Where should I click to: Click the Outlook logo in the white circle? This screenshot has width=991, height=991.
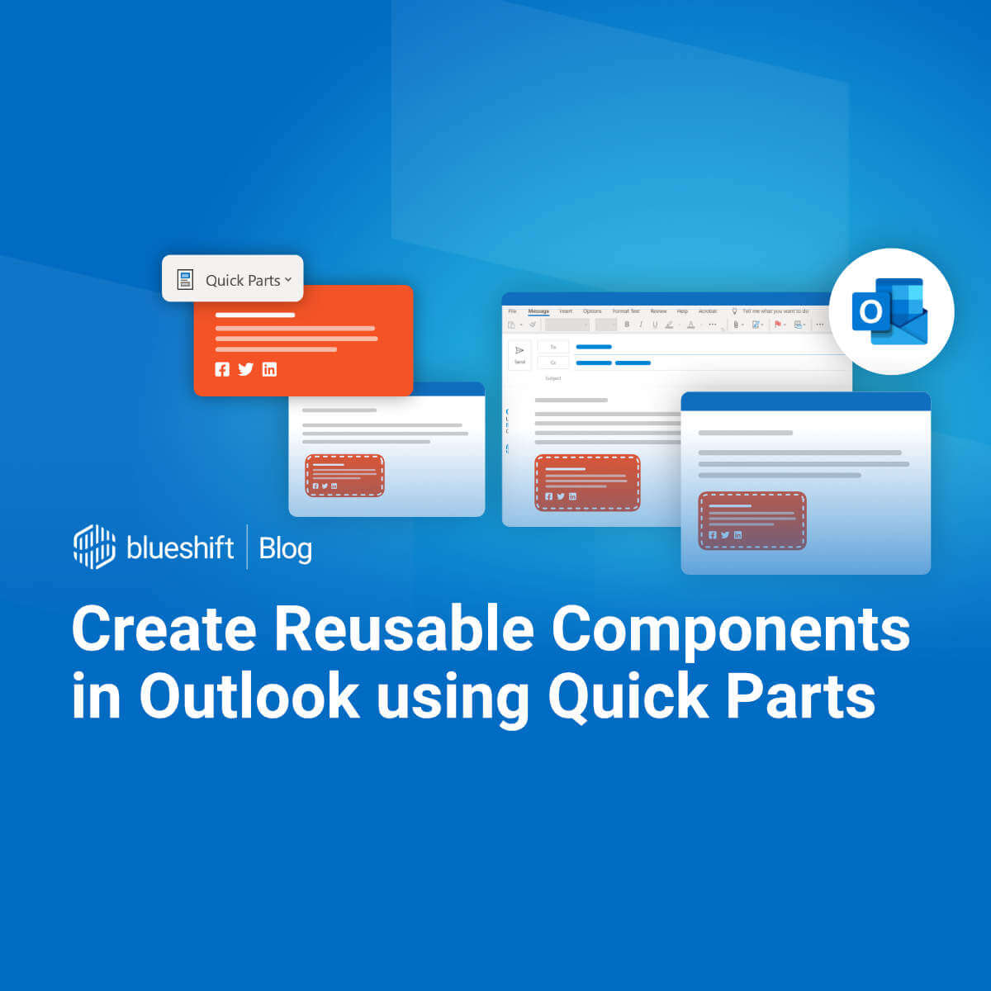[890, 311]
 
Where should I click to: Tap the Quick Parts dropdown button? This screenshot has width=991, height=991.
[233, 279]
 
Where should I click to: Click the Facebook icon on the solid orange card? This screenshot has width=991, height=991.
[222, 369]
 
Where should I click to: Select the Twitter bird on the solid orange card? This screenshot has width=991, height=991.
[245, 369]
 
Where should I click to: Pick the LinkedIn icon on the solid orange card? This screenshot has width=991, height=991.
[269, 369]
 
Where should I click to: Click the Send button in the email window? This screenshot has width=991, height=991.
[519, 354]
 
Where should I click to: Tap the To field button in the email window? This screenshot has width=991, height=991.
[553, 347]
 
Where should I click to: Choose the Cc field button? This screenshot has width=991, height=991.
[553, 363]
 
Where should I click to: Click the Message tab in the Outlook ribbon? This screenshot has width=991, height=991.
[538, 311]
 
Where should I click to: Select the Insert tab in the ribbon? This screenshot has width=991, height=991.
[565, 311]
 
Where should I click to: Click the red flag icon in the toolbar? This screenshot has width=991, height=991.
[777, 325]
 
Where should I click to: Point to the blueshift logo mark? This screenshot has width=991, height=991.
[94, 547]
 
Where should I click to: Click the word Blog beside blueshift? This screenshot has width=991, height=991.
[285, 548]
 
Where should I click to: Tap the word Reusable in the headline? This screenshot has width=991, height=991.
[404, 630]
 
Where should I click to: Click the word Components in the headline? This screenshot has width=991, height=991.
[730, 630]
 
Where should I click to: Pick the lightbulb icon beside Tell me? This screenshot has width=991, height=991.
[734, 311]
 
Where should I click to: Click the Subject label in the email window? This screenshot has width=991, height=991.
[553, 378]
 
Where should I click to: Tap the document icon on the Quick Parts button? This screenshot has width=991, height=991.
[186, 279]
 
